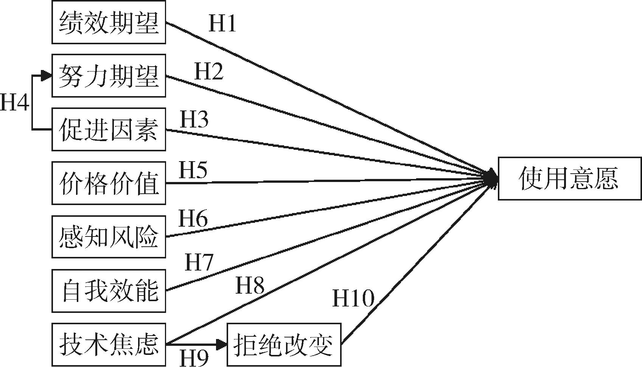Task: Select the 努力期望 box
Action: (x=109, y=76)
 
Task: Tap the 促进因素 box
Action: (x=109, y=129)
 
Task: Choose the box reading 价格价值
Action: (x=109, y=183)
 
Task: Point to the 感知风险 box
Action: (x=109, y=237)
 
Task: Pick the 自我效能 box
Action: (x=109, y=291)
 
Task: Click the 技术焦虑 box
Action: (x=109, y=344)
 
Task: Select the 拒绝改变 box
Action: (x=284, y=344)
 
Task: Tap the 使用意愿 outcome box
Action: (x=569, y=179)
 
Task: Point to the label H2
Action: (x=208, y=71)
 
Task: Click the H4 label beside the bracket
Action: (x=14, y=102)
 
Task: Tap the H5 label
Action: (x=193, y=170)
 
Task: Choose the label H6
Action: (x=193, y=219)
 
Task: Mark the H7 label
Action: (x=199, y=262)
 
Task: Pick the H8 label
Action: (x=250, y=285)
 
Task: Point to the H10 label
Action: (x=353, y=298)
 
